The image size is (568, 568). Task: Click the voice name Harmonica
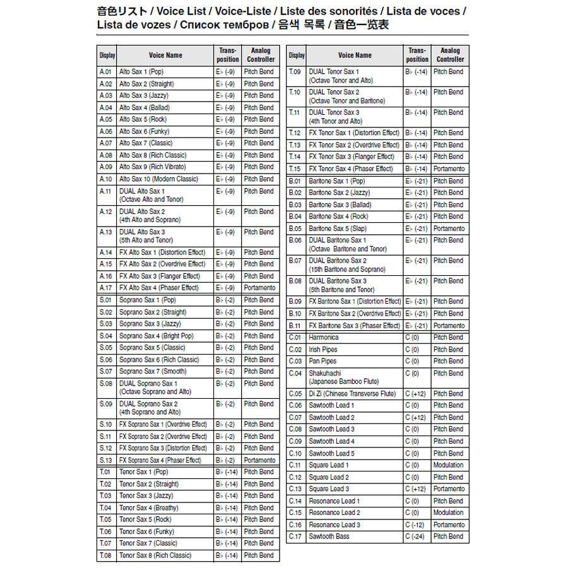[324, 338]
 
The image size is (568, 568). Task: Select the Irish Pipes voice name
[323, 350]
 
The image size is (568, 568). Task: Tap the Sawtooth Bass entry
[329, 536]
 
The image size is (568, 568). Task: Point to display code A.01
[105, 72]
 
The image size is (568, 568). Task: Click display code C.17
[295, 536]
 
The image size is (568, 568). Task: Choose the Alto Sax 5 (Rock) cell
[143, 119]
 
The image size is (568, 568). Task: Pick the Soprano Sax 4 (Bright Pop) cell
[156, 336]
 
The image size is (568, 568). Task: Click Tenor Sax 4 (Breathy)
[148, 507]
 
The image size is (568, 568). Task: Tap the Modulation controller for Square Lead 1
[448, 465]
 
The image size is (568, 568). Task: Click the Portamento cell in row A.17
[259, 288]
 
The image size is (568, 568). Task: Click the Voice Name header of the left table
[165, 55]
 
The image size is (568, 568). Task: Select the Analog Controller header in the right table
[450, 55]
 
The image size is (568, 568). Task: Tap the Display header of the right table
[296, 55]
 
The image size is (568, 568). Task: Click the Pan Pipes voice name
[322, 362]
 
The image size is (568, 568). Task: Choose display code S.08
[105, 383]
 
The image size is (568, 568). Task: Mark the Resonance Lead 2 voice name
[334, 512]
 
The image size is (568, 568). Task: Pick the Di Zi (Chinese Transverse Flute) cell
[352, 394]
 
